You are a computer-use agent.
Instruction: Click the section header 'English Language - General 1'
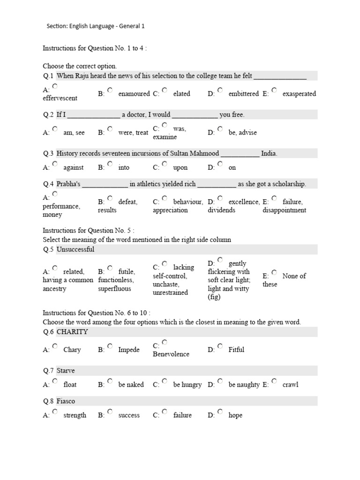tap(107, 26)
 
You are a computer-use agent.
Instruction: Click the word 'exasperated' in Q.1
tap(299, 94)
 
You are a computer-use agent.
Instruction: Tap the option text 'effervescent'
tap(60, 98)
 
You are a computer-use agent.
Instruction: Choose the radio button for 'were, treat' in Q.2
tap(110, 128)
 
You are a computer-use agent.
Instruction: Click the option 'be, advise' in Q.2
tap(242, 133)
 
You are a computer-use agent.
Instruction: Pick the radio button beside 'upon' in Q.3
tap(165, 164)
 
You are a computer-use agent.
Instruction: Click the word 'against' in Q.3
tap(74, 167)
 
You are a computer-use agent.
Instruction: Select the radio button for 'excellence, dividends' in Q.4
tap(220, 198)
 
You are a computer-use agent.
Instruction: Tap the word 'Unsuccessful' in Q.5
tap(75, 249)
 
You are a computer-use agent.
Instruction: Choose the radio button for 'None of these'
tap(274, 272)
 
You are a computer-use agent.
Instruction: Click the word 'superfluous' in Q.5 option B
tap(114, 289)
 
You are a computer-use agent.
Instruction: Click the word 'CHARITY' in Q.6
tap(72, 332)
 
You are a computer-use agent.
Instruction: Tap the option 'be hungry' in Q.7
tap(187, 385)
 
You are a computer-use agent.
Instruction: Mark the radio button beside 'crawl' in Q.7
tap(274, 381)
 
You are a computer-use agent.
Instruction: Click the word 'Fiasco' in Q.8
tap(66, 401)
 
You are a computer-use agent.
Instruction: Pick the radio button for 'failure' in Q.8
tap(165, 411)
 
